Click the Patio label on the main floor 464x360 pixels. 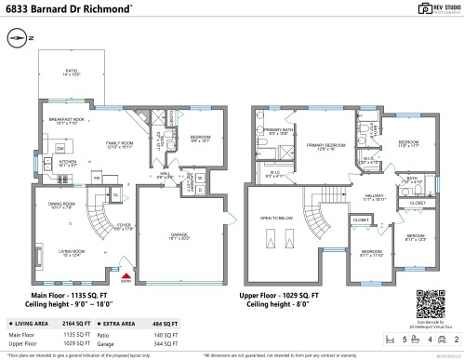click(71, 71)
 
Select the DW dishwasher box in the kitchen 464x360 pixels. click(59, 149)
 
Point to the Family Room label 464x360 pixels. click(119, 144)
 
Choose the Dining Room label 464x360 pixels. click(61, 205)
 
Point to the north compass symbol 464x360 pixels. click(19, 38)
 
